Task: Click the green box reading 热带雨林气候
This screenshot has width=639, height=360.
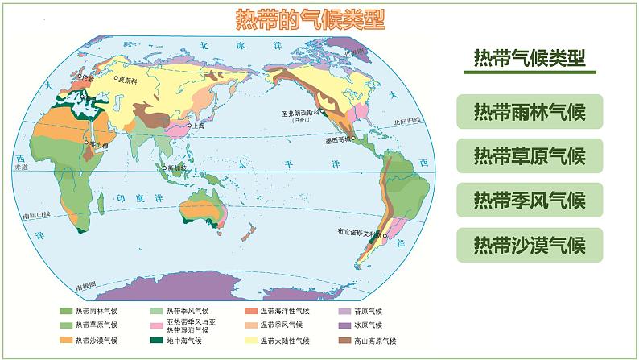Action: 529,111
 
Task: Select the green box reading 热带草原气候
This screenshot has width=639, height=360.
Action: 529,155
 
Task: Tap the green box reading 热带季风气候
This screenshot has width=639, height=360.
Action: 529,199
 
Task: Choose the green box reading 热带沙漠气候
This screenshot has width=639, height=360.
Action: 529,243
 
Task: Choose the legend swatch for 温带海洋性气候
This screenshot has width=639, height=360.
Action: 250,311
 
